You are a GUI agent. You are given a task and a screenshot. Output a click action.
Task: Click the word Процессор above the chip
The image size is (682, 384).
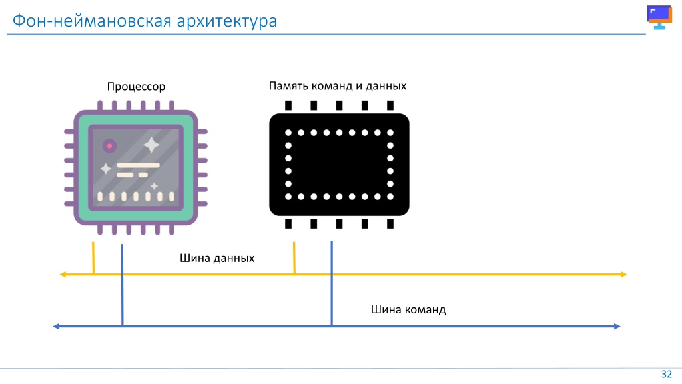pos(136,87)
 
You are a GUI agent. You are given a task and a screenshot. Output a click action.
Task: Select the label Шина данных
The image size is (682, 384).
pos(217,258)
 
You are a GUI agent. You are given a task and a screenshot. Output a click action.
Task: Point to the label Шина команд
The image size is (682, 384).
pos(408,309)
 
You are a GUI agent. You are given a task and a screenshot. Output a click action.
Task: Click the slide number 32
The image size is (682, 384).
pos(666,374)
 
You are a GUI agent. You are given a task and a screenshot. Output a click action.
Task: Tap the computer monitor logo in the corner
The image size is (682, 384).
pos(659,17)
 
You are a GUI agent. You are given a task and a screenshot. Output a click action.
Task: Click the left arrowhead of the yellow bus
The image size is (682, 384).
pos(63,274)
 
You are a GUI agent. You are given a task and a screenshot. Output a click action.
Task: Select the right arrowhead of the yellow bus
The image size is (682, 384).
pos(623,274)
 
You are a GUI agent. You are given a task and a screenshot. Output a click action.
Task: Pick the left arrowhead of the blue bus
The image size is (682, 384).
pos(56,326)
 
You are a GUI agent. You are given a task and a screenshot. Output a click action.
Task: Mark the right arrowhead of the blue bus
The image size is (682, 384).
pos(617,326)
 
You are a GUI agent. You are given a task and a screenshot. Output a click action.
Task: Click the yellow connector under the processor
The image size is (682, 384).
pos(93,258)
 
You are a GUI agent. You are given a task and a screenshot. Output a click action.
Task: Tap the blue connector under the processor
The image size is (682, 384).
pos(123,284)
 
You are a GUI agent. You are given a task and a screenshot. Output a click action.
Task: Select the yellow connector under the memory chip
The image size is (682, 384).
pos(294,258)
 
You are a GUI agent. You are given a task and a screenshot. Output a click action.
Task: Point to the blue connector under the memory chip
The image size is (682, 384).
pos(332,283)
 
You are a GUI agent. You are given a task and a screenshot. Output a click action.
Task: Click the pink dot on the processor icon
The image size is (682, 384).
pos(110,146)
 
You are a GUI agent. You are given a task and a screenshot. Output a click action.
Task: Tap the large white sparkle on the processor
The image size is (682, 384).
pos(151,145)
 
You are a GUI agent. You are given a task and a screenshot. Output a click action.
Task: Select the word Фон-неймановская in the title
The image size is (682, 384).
pos(92,21)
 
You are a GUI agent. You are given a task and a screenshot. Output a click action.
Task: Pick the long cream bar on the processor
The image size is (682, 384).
pos(138,165)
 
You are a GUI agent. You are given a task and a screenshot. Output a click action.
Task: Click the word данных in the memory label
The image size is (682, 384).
pos(386,86)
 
